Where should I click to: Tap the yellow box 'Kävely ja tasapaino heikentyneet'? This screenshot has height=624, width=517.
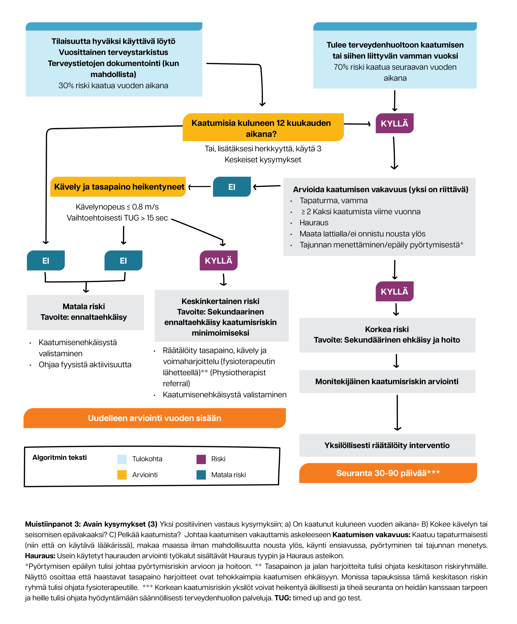(x=118, y=187)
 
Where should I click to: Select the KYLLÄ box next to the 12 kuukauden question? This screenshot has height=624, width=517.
(x=394, y=123)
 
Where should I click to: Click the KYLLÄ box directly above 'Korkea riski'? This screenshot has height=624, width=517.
(x=394, y=291)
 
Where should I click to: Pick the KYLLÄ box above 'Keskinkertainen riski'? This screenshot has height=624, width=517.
(x=219, y=260)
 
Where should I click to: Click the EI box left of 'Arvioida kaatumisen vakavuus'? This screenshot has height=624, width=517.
(x=232, y=187)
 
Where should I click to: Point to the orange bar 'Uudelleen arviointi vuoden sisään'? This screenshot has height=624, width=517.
(x=155, y=418)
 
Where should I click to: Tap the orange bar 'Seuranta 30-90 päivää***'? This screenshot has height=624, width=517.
(x=388, y=473)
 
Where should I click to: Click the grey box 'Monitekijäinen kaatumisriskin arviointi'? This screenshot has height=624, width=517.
(x=387, y=381)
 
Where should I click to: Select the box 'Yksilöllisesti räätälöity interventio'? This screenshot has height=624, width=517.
(x=387, y=445)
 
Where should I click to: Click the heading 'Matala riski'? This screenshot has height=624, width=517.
(x=84, y=306)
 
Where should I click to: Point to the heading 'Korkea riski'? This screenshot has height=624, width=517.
(x=387, y=329)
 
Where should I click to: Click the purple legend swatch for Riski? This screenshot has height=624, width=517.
(x=201, y=459)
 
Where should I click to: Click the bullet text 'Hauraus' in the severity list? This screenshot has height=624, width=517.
(x=314, y=223)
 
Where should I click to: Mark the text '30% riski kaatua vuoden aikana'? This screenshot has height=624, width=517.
(x=113, y=86)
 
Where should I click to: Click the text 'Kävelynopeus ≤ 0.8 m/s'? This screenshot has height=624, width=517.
(x=117, y=207)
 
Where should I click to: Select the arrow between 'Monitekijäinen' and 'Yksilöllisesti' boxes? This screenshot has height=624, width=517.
(x=397, y=413)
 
